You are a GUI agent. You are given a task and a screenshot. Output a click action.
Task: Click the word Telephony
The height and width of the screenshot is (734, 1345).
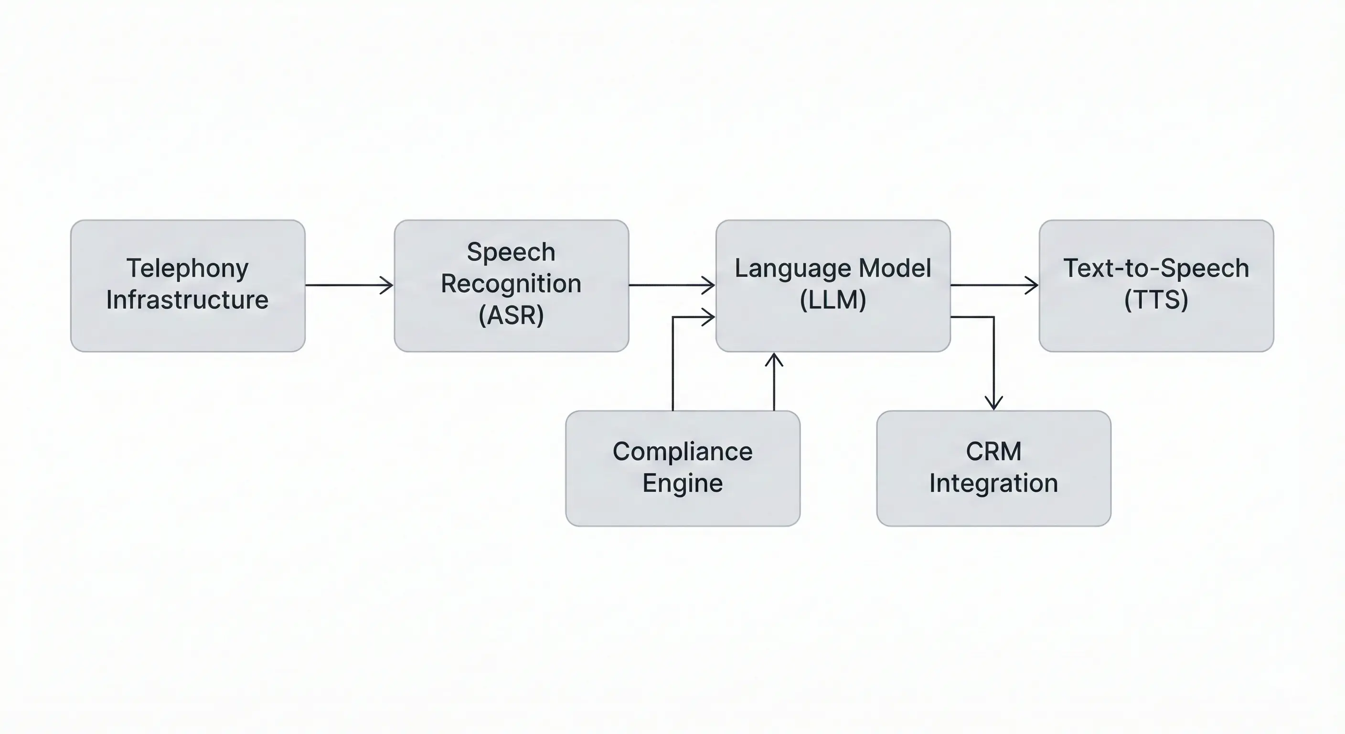pos(187,269)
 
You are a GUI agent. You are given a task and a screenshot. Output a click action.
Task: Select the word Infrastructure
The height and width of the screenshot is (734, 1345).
pos(187,300)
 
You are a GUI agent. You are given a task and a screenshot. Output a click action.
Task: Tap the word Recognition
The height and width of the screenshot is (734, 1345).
pos(511,284)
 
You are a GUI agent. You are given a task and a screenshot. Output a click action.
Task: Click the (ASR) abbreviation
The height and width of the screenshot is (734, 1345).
pos(511,315)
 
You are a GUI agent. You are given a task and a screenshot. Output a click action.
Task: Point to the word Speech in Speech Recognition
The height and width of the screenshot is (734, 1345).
pos(511,252)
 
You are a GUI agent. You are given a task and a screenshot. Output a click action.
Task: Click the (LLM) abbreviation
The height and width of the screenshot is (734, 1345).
pos(833,300)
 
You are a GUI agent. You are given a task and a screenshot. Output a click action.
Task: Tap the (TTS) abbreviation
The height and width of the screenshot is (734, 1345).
pos(1156,300)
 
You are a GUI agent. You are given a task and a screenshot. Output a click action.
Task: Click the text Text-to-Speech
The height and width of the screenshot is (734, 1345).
pos(1156,268)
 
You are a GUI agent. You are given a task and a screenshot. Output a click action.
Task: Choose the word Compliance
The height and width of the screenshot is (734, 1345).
pos(683,452)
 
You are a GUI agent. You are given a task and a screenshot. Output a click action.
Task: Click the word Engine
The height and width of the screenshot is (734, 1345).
pos(683,483)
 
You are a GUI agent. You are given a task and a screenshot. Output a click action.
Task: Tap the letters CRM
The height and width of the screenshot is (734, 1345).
pos(993,452)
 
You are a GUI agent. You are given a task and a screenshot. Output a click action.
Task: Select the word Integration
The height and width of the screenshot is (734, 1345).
pos(993,483)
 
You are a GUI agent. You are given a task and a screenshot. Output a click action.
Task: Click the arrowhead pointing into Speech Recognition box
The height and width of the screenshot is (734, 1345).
pos(387,285)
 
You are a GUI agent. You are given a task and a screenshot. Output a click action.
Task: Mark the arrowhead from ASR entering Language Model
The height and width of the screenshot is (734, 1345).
pos(710,285)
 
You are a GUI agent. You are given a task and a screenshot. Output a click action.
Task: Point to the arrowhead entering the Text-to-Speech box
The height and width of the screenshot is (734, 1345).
pos(1033,285)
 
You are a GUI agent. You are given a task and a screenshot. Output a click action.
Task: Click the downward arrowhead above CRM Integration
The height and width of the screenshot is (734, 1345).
pos(993,403)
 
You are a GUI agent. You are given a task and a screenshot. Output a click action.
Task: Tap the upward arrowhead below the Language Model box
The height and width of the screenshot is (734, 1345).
pos(774,359)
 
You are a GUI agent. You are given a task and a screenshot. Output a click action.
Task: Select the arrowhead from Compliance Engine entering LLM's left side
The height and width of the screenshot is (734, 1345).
pos(710,317)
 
